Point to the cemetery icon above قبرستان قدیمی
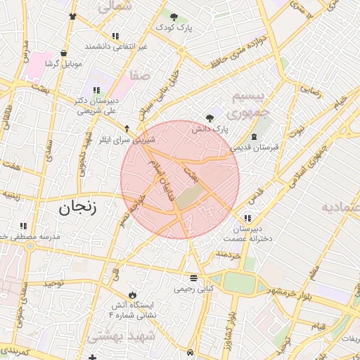[x=255, y=136]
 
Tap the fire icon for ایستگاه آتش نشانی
[x=133, y=294]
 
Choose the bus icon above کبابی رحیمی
[x=194, y=277]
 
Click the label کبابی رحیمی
[x=194, y=288]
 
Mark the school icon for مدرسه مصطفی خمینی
[x=23, y=226]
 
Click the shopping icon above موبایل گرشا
[x=64, y=53]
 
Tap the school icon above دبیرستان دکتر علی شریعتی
[x=96, y=90]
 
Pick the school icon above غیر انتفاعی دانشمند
[x=115, y=35]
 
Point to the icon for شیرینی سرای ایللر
[x=127, y=129]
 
